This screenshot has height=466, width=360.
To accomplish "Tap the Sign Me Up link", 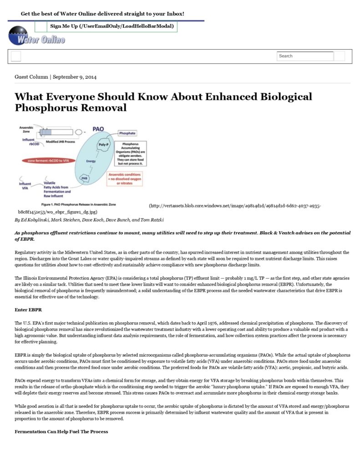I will coord(112,26).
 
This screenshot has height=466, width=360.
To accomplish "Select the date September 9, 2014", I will coord(75,77).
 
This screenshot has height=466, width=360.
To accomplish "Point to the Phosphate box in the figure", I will coord(127,133).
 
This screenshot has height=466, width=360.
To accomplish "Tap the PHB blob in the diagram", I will coord(84,178).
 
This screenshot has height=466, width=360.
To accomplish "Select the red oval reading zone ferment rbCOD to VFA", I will coord(48,161).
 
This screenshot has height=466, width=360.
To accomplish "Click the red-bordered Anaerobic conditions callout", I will coord(124,178).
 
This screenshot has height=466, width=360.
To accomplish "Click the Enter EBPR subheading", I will coord(28,309).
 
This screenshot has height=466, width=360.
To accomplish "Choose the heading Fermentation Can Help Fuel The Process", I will coord(61,431).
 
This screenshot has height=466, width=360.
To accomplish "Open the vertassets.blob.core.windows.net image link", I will coord(235,206).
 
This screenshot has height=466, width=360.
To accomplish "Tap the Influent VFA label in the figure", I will coord(25,186).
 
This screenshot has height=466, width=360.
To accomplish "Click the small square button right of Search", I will coord(340,56).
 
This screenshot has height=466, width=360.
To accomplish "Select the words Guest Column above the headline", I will coord(31,77).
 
